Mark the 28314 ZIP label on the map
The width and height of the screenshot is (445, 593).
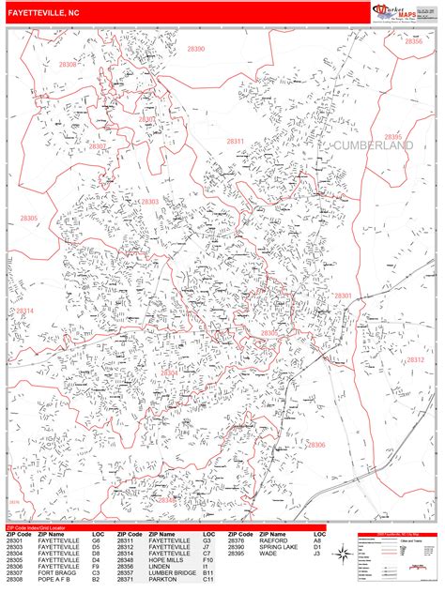pyautogui.click(x=24, y=311)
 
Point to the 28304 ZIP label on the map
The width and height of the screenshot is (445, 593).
pyautogui.click(x=170, y=373)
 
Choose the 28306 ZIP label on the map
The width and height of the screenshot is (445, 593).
pyautogui.click(x=316, y=445)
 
